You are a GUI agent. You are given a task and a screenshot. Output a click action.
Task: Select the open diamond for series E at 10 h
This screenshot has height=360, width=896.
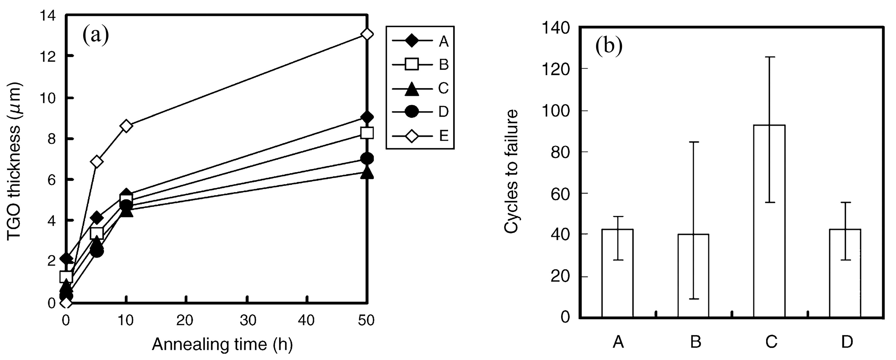pyautogui.click(x=127, y=126)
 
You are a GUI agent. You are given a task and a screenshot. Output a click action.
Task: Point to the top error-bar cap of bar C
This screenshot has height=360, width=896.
pyautogui.click(x=769, y=57)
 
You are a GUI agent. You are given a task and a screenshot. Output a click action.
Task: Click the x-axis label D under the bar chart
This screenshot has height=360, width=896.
pyautogui.click(x=847, y=343)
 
